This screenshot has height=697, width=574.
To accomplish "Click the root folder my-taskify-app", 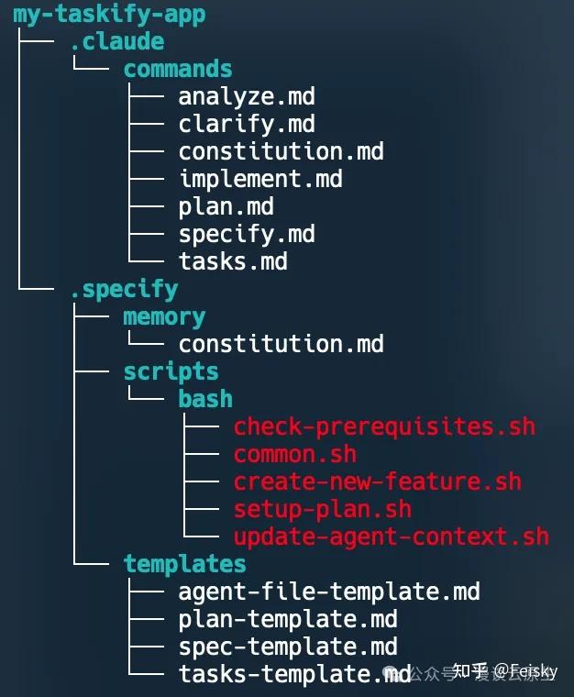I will coord(109,15).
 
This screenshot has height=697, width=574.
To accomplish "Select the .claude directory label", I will coord(116,42).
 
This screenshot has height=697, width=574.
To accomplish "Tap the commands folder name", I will coord(178,70).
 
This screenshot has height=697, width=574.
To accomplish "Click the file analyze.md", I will coord(247,96).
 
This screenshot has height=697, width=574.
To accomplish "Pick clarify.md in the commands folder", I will coord(247,124).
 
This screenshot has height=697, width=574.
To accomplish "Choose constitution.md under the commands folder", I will coord(281,151).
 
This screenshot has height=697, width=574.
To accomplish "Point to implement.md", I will coord(260,179).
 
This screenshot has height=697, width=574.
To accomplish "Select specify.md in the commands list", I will coord(247,234).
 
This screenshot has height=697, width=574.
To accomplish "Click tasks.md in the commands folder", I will coord(233,261).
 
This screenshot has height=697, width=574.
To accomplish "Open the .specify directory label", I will coord(124,289).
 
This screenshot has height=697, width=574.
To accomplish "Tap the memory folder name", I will coord(164,316).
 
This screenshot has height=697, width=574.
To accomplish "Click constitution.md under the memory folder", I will coord(281,344).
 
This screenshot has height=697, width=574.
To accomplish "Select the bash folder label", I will coord(205,399).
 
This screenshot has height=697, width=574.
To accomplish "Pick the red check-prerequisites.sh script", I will coord(384,426).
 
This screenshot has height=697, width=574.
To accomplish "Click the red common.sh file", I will coord(295,454).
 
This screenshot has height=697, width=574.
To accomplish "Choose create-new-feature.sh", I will coord(377,481).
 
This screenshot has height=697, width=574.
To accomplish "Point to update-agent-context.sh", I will coord(391,537).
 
